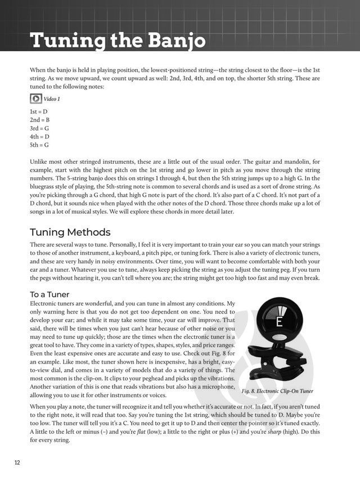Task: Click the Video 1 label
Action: (x=52, y=99)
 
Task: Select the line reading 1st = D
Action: (x=39, y=112)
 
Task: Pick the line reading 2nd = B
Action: (x=39, y=120)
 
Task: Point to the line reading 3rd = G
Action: (x=39, y=128)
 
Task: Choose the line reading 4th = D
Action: (x=39, y=136)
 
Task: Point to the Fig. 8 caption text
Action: (x=277, y=391)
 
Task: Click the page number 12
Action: (x=17, y=463)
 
